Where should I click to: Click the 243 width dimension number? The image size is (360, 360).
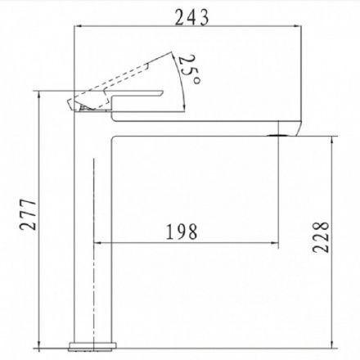tap(191, 17)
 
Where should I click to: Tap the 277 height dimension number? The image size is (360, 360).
tap(28, 214)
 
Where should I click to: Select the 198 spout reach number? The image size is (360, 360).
tap(182, 232)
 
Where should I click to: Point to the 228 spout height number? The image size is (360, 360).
tap(321, 237)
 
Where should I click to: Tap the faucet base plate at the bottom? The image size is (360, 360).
tap(92, 346)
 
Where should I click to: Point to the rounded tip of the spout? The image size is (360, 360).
tap(298, 128)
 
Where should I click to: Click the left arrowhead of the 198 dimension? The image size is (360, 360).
tap(97, 242)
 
